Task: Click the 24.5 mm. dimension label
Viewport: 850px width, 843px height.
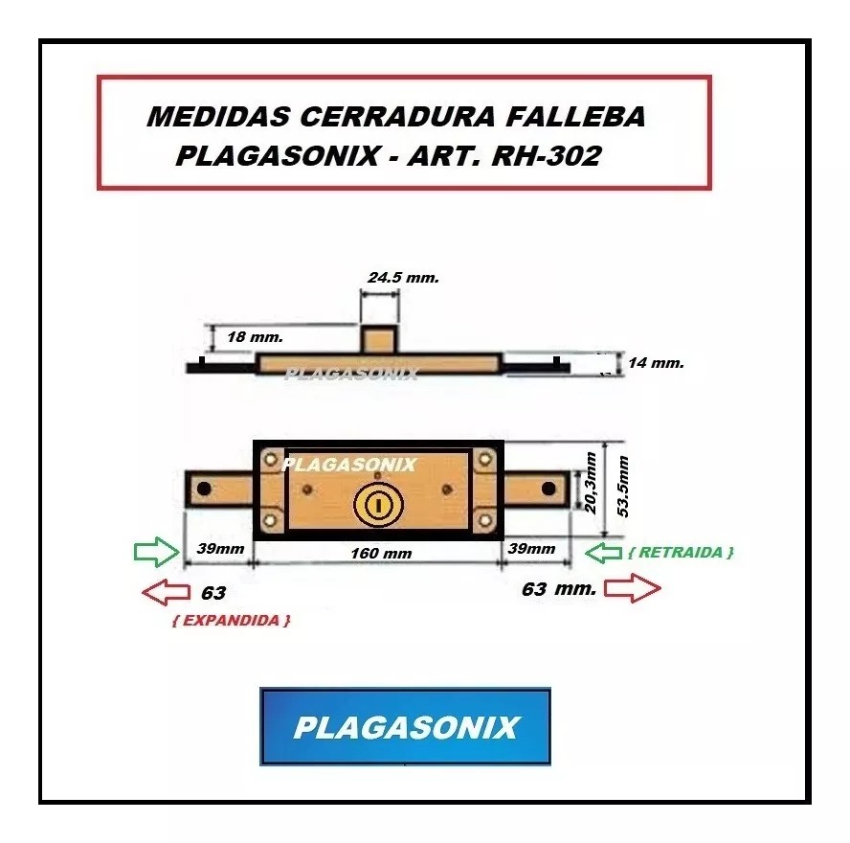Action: [403, 278]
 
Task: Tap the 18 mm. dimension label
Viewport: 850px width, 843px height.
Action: [255, 337]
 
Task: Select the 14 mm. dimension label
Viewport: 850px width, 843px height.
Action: [656, 362]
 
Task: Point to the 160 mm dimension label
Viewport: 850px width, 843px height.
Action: [381, 554]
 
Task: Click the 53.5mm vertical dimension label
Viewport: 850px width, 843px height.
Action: [623, 486]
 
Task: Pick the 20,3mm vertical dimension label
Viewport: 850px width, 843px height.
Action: [591, 484]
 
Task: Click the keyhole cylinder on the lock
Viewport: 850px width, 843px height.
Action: [378, 505]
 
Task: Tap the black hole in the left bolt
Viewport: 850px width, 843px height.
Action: [204, 489]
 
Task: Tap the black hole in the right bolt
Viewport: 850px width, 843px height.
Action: [548, 489]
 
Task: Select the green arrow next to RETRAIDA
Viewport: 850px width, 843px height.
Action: [603, 553]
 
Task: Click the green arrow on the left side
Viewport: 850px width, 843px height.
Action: [157, 552]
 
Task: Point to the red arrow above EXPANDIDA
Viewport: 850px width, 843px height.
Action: [166, 592]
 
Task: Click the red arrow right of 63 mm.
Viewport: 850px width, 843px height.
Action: [633, 588]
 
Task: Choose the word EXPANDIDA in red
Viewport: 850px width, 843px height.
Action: [232, 621]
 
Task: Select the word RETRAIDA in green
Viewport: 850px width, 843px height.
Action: [681, 553]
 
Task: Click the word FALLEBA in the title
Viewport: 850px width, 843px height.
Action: [575, 117]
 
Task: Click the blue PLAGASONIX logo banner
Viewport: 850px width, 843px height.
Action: [406, 726]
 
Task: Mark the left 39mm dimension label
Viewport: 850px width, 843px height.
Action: [220, 549]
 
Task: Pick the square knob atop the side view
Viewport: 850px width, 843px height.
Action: [379, 339]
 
